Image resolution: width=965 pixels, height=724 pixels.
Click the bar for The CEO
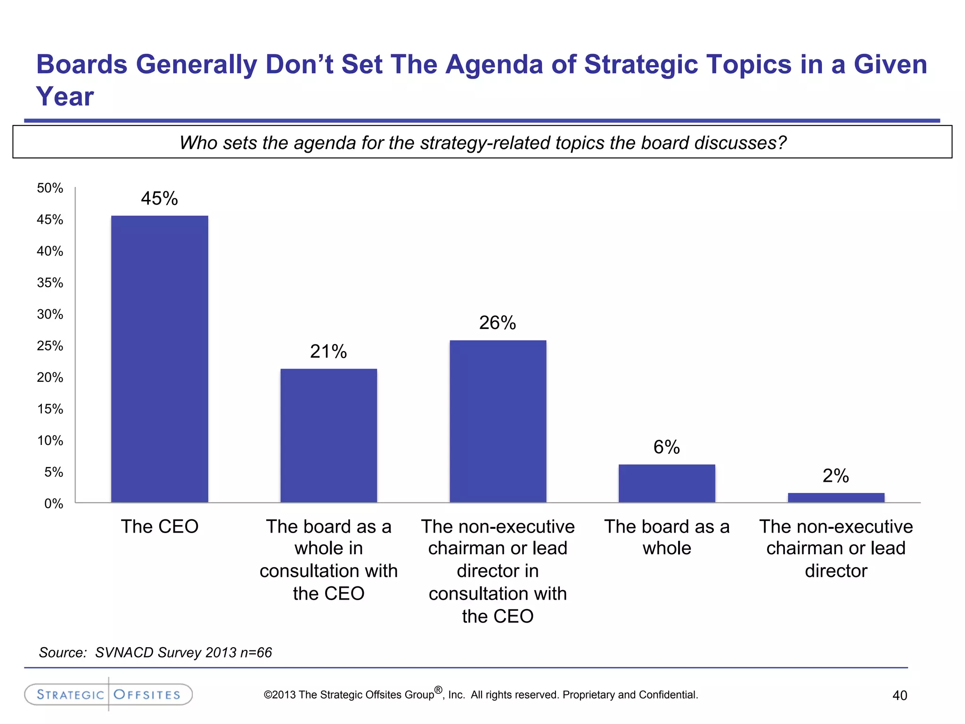(x=159, y=358)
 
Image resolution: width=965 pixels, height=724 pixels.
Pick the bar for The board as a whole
(x=667, y=483)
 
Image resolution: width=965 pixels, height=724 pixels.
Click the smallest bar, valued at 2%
(x=836, y=498)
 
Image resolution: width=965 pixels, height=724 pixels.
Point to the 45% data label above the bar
(x=159, y=198)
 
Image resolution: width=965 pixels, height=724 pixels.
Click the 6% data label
(x=666, y=447)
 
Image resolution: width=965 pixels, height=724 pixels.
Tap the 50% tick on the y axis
(x=50, y=188)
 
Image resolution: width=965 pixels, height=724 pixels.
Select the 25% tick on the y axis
(x=50, y=346)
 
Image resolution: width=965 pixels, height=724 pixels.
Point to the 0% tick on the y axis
(x=53, y=504)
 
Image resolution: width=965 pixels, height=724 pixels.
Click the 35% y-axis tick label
(x=50, y=283)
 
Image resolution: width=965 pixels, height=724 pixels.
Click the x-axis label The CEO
(x=159, y=527)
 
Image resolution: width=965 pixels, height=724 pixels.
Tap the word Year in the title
(x=65, y=97)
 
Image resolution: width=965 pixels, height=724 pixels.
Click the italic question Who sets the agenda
(x=482, y=142)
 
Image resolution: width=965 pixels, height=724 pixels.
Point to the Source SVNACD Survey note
(x=155, y=652)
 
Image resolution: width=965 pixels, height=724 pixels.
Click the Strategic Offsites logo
(x=108, y=694)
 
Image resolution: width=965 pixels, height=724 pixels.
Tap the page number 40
(x=900, y=695)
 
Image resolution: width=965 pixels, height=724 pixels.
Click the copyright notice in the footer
(x=481, y=694)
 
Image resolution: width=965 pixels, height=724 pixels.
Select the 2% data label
(x=835, y=476)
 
